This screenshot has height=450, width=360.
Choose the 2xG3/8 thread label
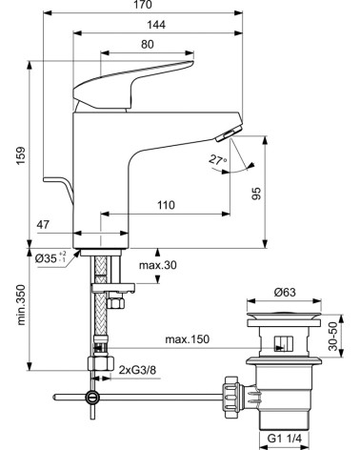point(145,368)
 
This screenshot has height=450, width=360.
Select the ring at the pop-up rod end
point(91,398)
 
